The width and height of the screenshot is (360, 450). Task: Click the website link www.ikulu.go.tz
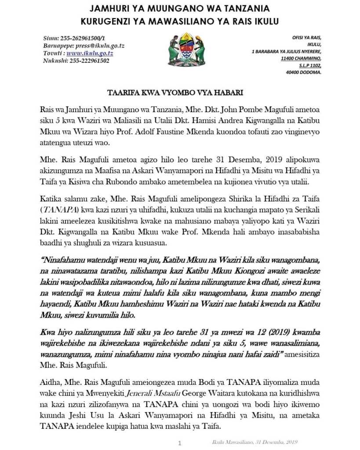coord(90,53)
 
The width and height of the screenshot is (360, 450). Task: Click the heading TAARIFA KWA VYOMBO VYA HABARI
coord(180,94)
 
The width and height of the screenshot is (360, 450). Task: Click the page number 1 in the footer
coord(179,443)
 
